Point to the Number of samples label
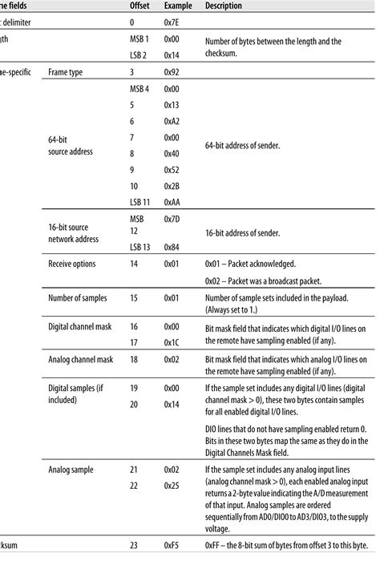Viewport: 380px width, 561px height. pyautogui.click(x=83, y=297)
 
